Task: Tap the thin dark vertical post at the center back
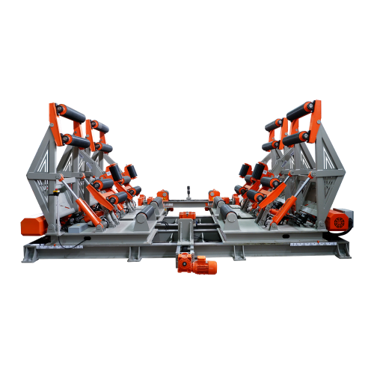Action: click(187, 192)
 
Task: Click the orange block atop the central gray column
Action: click(186, 216)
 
